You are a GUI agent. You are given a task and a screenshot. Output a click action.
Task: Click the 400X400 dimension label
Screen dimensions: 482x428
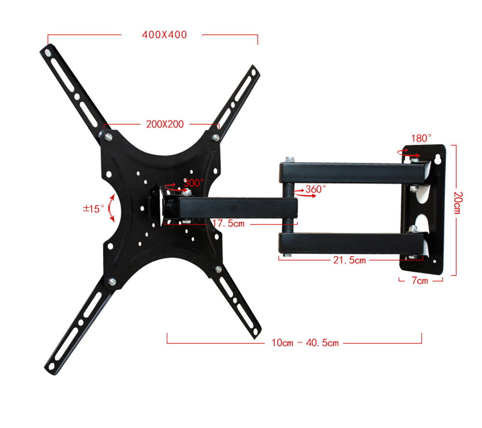pos(164,35)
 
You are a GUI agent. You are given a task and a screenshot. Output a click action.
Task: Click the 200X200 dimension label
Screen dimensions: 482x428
pos(165,124)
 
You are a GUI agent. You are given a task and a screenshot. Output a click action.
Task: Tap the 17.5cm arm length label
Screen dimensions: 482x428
pos(228,223)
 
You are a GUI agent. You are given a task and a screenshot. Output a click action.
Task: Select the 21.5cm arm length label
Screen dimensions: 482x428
pos(349,260)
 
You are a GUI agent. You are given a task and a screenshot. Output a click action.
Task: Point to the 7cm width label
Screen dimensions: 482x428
pos(420,281)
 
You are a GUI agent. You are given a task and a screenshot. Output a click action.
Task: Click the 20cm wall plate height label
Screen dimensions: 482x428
pos(458,203)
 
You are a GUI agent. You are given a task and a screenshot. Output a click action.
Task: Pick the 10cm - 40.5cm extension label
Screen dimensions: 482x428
pos(305,343)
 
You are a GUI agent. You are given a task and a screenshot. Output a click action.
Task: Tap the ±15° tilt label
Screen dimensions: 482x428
pos(94,209)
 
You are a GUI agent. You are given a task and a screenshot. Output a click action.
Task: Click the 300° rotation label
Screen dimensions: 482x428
pos(194,183)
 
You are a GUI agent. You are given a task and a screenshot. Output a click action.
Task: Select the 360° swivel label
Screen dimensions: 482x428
pos(316,189)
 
